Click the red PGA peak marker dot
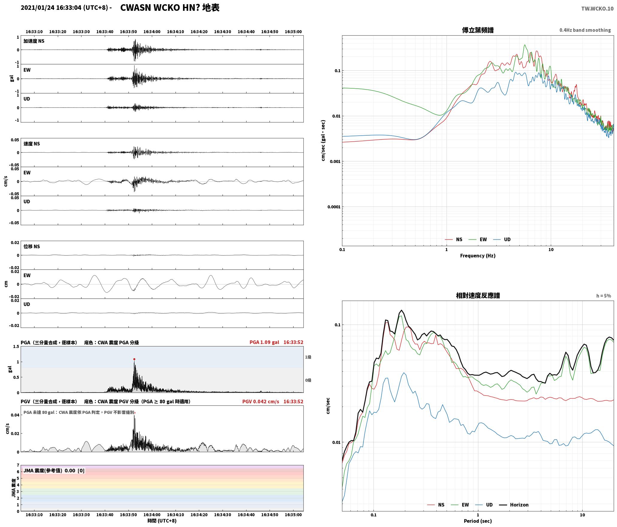coord(134,359)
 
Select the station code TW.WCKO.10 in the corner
coord(597,9)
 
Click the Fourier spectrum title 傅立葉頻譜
coord(478,30)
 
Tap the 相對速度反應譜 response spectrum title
coord(478,296)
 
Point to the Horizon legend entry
coord(514,505)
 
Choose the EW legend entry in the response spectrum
coord(460,505)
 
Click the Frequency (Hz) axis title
coord(478,256)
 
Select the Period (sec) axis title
coord(478,521)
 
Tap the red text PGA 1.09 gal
coord(264,342)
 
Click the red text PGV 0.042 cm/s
coord(261,402)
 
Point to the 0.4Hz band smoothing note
coord(585,30)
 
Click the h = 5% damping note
coord(604,296)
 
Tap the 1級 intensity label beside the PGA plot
coord(308,357)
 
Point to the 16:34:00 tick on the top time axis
coord(152,32)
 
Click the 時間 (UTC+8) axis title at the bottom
coord(162,521)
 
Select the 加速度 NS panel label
coord(34,41)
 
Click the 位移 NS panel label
coord(32,246)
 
